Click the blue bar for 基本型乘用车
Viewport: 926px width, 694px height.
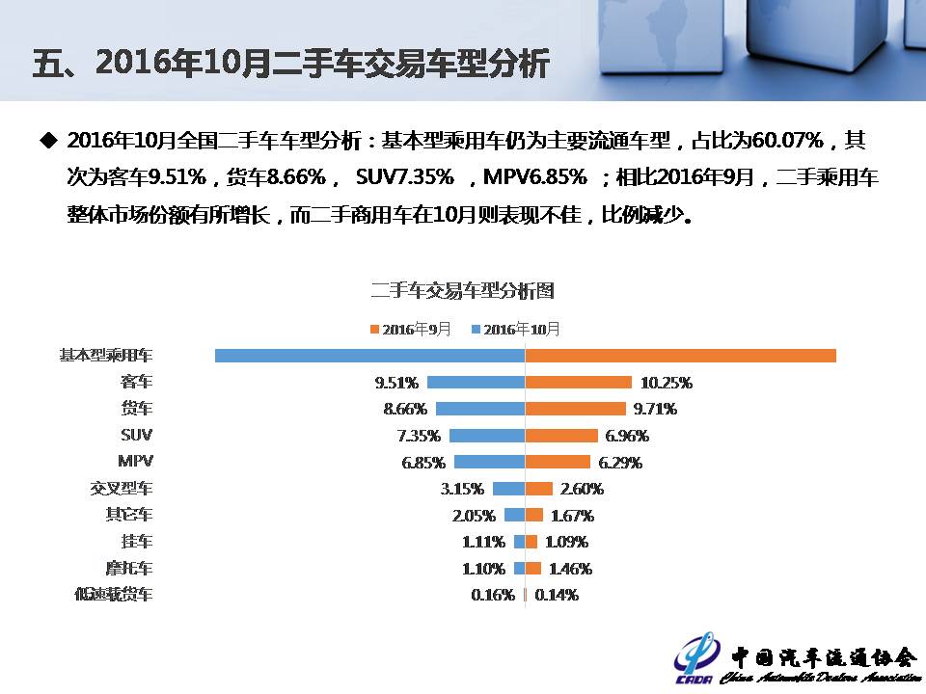369,356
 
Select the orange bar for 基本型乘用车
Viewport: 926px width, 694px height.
680,356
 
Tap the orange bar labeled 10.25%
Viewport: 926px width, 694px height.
578,382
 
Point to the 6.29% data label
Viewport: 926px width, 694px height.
619,462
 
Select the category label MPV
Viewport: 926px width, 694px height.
135,461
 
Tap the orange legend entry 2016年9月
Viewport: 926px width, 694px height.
410,330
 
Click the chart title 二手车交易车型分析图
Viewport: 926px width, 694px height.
462,290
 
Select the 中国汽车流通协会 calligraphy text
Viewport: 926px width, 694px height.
822,656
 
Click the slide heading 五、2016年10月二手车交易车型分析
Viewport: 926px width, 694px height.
290,64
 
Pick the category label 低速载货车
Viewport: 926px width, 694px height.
114,595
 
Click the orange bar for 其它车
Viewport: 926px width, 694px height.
533,515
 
